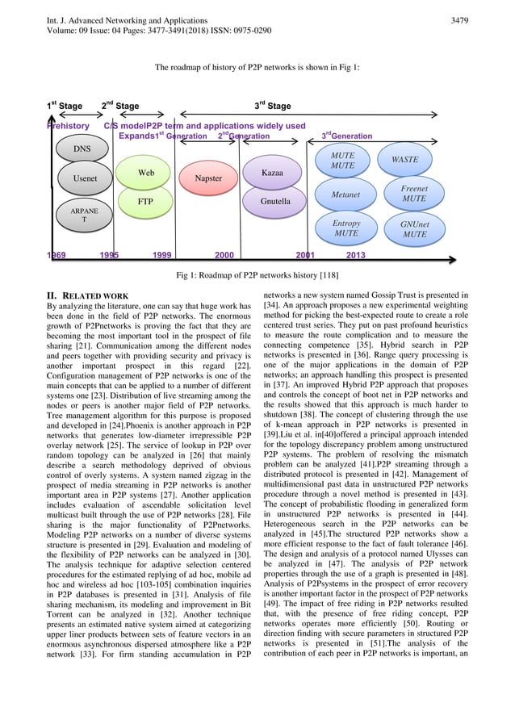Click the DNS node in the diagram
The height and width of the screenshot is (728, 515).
(x=82, y=149)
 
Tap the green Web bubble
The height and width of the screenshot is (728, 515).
(x=146, y=173)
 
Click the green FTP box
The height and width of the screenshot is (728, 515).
(x=146, y=200)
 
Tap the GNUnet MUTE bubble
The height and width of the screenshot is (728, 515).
(x=415, y=228)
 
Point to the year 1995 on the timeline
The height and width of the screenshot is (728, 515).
(x=110, y=254)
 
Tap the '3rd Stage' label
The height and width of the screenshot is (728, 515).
(x=273, y=106)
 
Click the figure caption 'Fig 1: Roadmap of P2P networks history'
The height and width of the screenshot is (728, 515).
(x=257, y=274)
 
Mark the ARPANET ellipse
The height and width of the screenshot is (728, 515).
(x=82, y=215)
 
